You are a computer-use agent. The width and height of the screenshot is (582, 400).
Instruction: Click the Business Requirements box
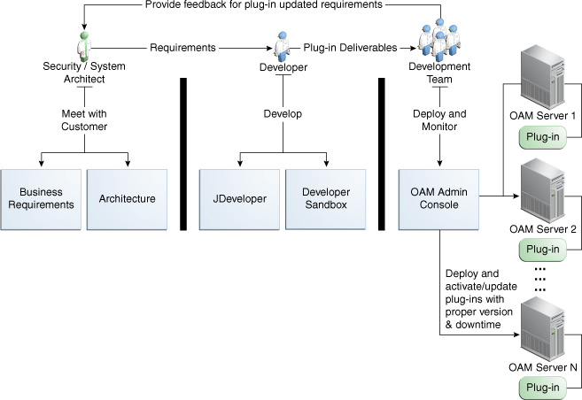point(41,198)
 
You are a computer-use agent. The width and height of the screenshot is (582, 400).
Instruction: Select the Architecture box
point(128,198)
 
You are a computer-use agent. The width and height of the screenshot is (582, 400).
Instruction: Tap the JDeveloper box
point(239,198)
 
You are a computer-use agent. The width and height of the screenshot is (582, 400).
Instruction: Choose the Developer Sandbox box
point(325,198)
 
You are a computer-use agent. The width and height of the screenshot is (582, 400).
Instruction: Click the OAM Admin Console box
point(439,198)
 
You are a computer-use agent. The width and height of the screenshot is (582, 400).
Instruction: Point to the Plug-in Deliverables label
point(350,48)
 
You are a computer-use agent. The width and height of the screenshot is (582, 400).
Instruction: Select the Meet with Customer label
point(84,120)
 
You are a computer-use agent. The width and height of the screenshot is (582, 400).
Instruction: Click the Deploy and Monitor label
point(438,120)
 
